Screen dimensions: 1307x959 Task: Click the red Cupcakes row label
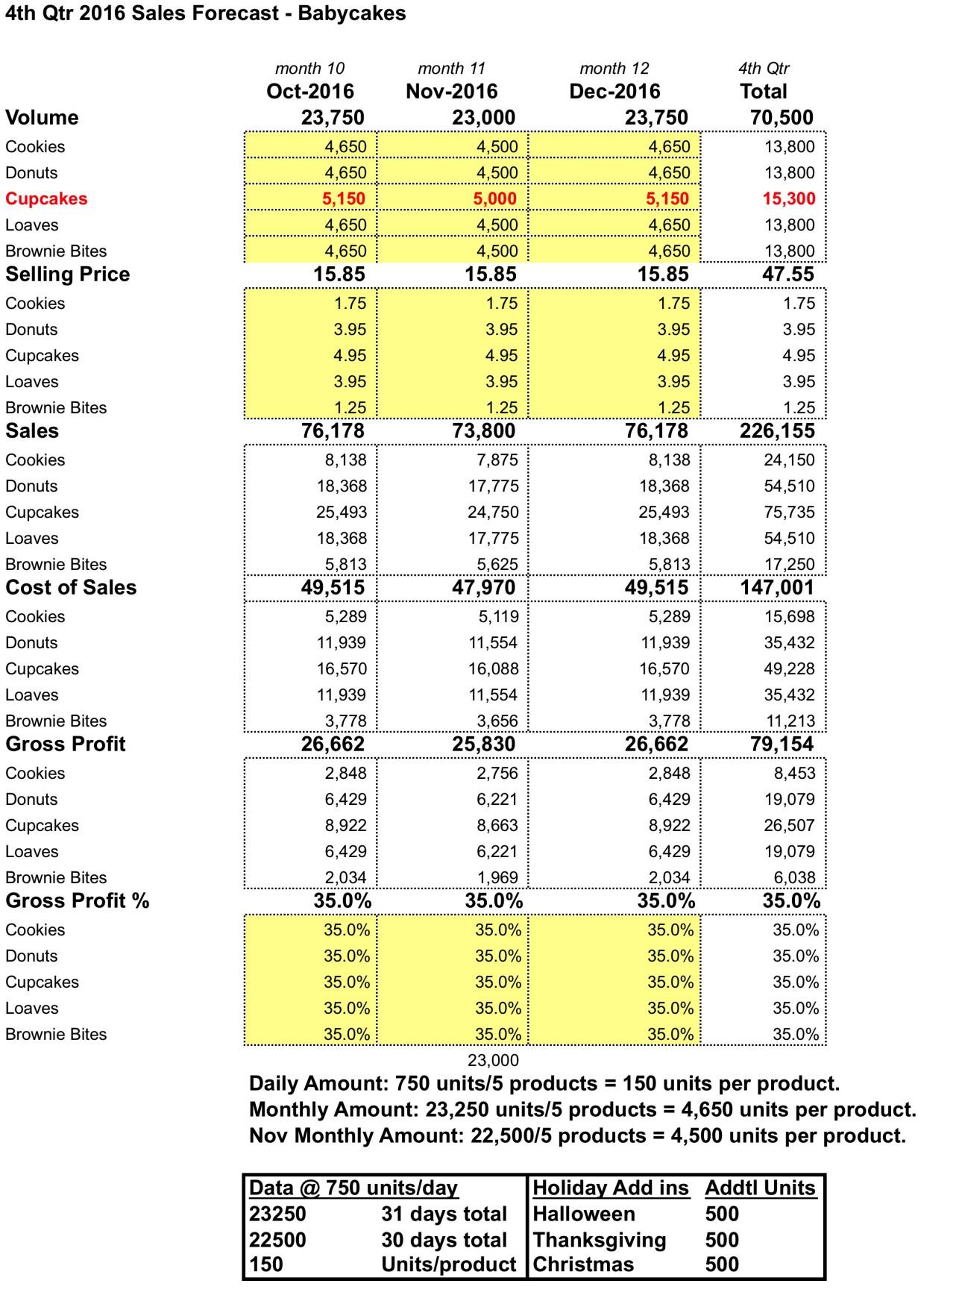tap(46, 198)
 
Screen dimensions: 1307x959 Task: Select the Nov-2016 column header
tap(451, 92)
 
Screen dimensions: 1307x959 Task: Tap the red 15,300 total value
tap(789, 198)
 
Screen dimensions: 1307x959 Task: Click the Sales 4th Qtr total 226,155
tap(777, 430)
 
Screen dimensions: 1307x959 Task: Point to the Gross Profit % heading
tap(78, 900)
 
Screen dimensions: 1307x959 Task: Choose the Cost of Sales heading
tap(71, 587)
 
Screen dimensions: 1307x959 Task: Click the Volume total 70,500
tap(782, 117)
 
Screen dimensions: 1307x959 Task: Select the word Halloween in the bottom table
tap(584, 1214)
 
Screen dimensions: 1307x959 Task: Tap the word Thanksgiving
tap(600, 1240)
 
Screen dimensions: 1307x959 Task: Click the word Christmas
tap(583, 1264)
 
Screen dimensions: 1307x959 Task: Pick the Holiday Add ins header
tap(611, 1188)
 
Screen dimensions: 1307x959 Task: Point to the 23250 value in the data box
tap(277, 1214)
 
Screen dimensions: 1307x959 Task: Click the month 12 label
tap(614, 69)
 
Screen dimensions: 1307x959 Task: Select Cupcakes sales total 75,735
tap(789, 513)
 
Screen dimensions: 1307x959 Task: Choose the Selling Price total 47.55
tap(788, 274)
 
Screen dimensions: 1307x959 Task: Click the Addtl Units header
tap(760, 1188)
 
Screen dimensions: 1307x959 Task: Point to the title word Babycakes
tap(352, 14)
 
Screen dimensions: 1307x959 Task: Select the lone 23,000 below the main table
tap(493, 1060)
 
